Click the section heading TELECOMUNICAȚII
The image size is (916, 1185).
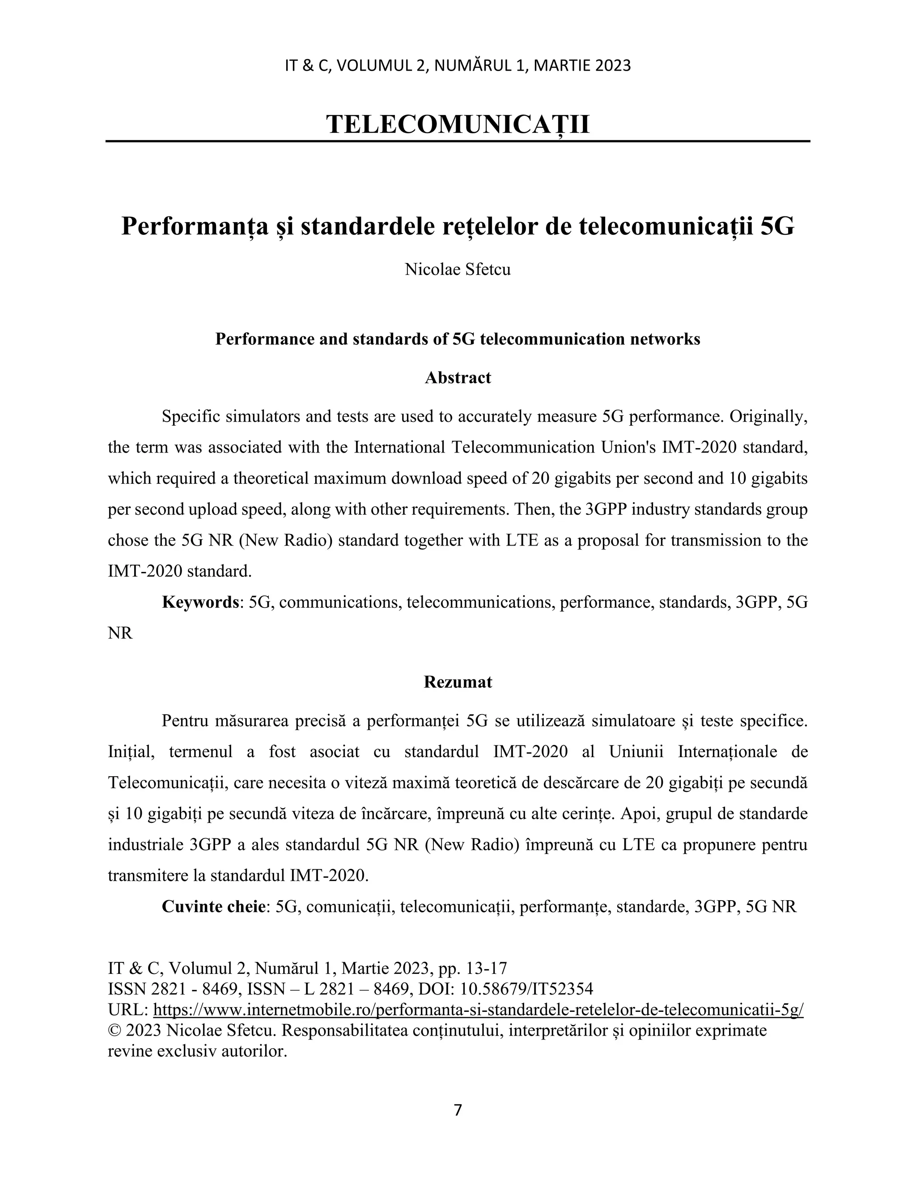pos(458,124)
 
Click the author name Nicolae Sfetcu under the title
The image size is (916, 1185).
pos(458,269)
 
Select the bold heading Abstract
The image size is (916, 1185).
pos(458,378)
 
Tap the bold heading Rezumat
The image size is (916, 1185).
pos(458,682)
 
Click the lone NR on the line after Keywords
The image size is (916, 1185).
pos(120,633)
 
